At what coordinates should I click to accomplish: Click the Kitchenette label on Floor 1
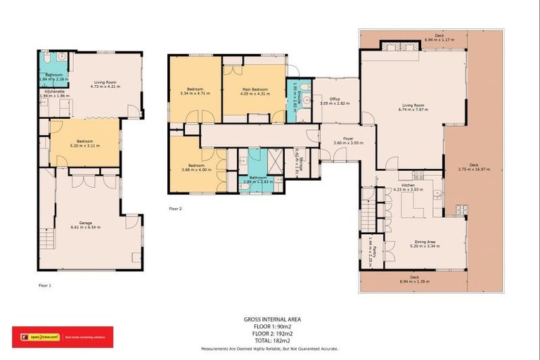tap(54, 91)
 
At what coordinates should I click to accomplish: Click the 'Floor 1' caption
tap(45, 285)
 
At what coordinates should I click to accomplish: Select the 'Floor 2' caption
tap(175, 209)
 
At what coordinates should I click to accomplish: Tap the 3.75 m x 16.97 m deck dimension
tap(472, 170)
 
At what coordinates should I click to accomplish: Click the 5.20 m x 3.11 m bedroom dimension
tap(83, 146)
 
